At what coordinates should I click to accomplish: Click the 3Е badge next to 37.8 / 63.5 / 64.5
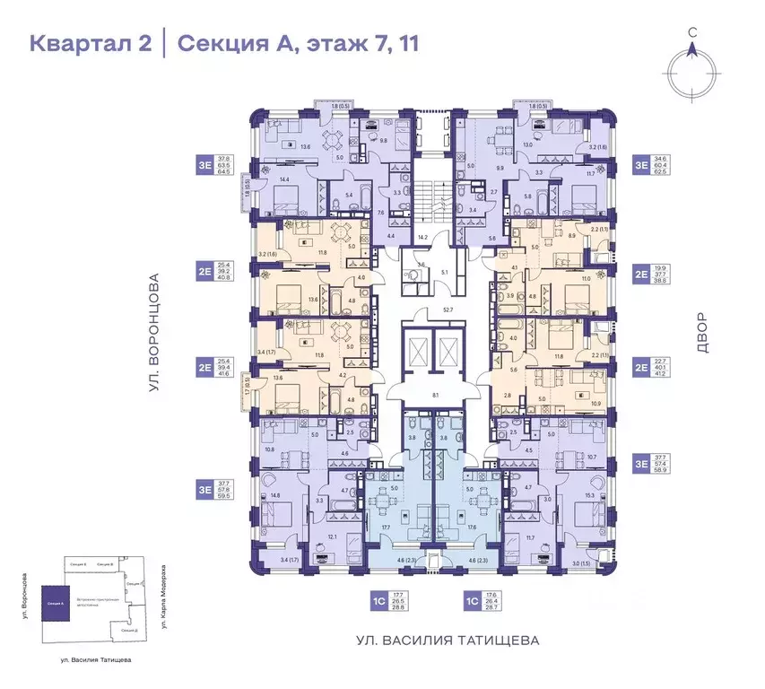[204, 164]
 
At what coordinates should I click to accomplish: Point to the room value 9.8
[382, 140]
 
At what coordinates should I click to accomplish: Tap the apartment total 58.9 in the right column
[665, 469]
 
